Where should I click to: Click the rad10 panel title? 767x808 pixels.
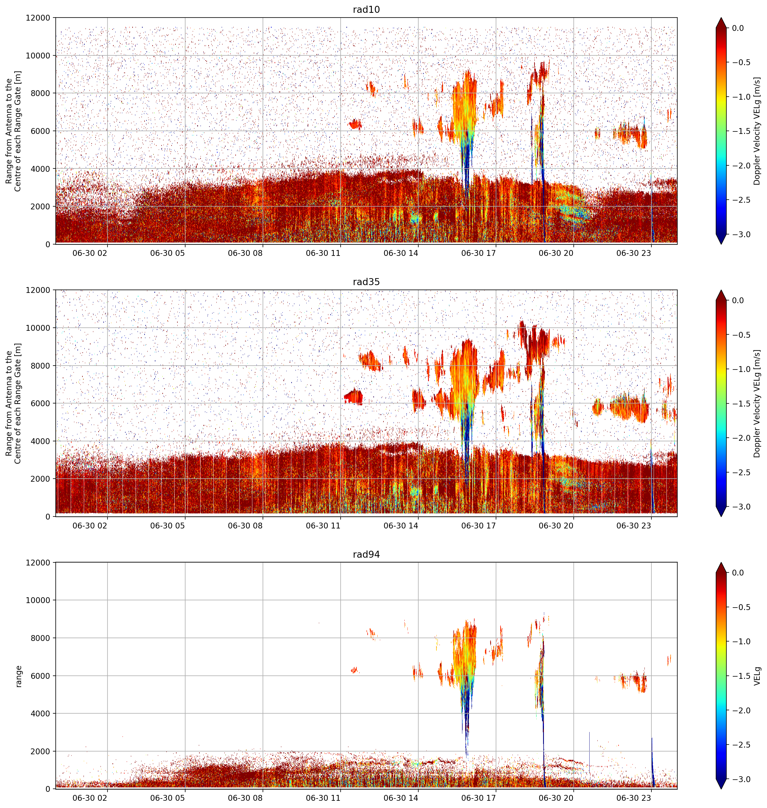pos(366,9)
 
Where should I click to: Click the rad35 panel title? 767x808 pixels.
pos(366,281)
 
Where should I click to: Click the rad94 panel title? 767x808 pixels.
pos(366,554)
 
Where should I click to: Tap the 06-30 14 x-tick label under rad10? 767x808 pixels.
pos(401,253)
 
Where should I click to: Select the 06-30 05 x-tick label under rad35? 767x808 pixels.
pos(168,526)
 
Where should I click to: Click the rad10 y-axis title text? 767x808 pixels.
pos(13,131)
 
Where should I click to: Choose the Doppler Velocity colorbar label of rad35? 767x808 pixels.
pos(757,403)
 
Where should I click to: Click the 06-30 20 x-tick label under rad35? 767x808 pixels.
pos(556,526)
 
